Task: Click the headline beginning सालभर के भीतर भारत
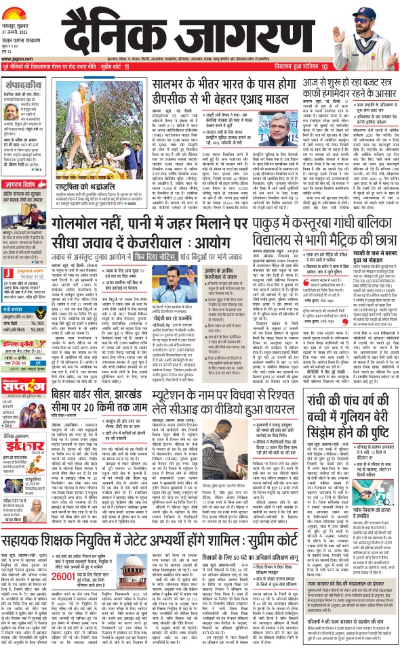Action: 241,83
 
